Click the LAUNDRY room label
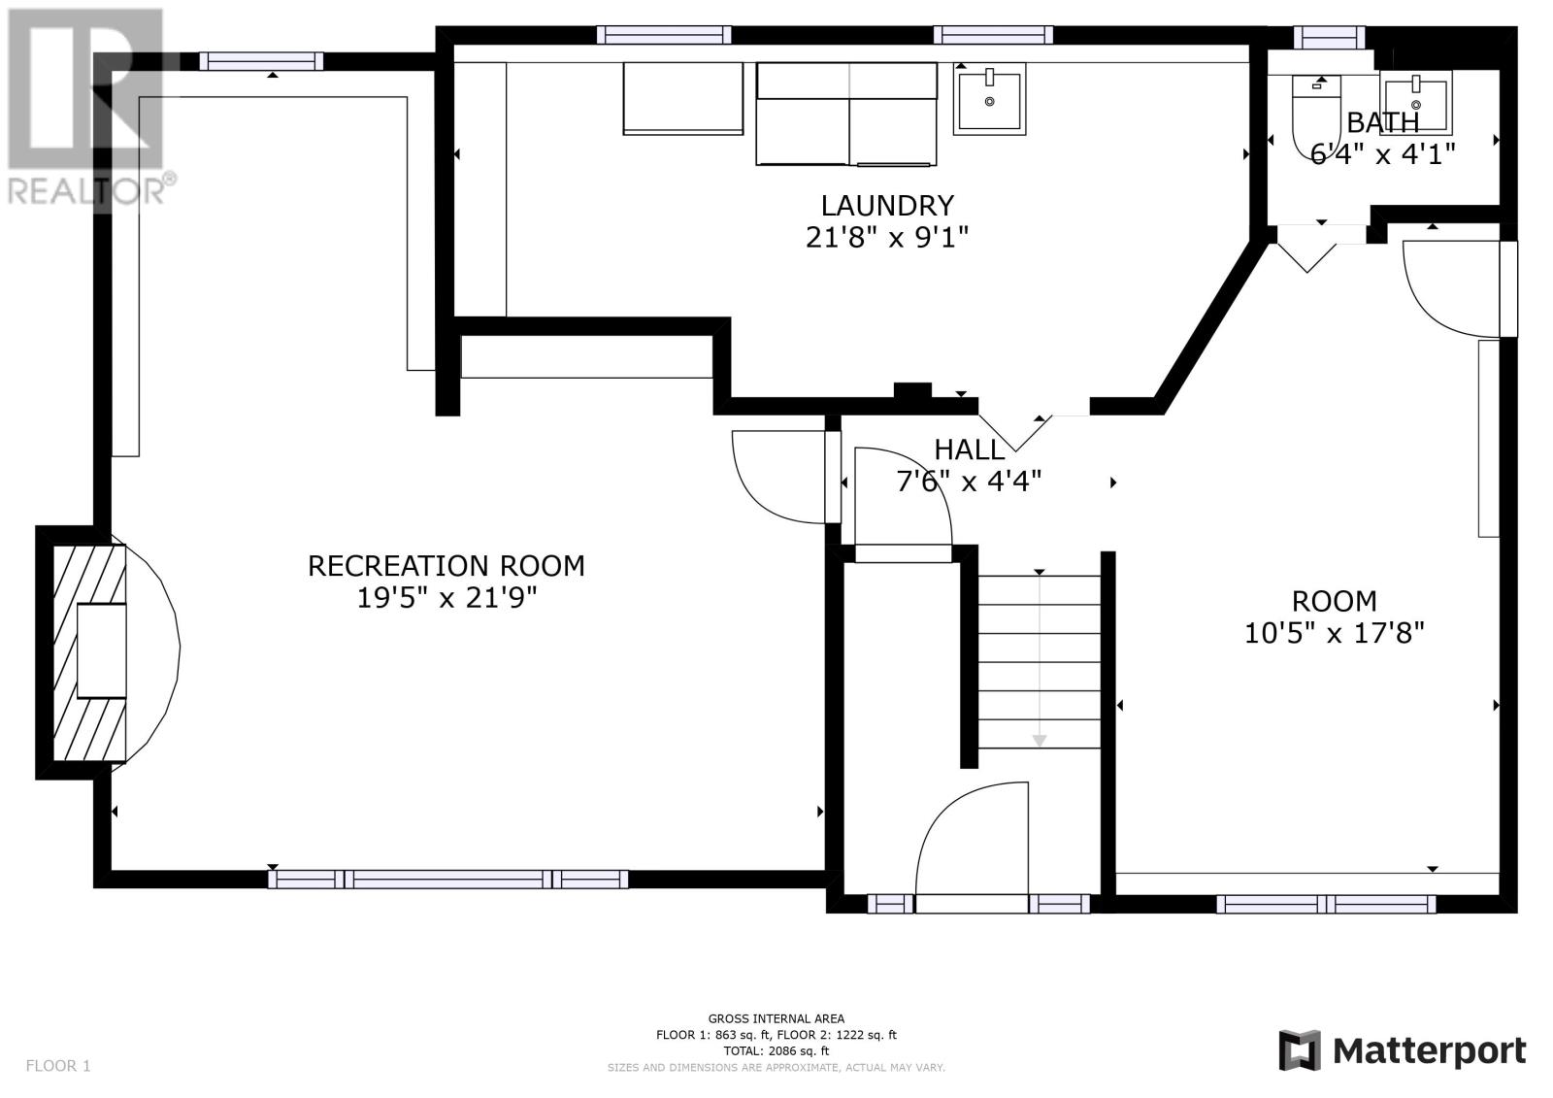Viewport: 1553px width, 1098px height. point(887,205)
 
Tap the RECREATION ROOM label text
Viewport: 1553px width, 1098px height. point(446,566)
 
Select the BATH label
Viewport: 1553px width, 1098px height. point(1382,122)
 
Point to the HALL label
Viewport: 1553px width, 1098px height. point(969,450)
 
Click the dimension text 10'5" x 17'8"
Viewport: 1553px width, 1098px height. point(1334,633)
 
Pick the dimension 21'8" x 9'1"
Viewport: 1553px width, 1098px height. point(887,238)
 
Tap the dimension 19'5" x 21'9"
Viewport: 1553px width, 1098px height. point(446,598)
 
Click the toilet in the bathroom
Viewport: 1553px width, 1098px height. point(1316,116)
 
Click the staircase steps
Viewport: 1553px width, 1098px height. point(1039,662)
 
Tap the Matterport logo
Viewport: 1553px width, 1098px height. point(1403,1050)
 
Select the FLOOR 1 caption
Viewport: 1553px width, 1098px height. point(58,1065)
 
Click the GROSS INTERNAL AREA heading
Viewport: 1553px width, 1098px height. point(776,1018)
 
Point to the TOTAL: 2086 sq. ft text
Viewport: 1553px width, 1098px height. point(776,1050)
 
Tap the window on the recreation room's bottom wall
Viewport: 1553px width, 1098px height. point(447,880)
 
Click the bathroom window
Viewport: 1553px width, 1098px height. point(1329,38)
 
